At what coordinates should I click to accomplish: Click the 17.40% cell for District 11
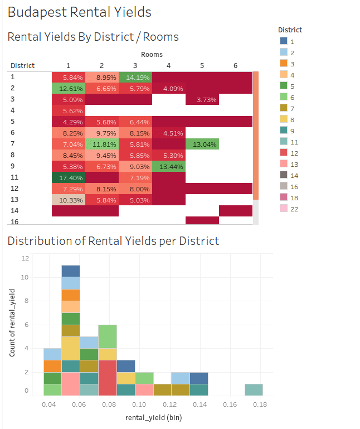(x=69, y=177)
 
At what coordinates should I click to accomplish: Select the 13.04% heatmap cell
(x=202, y=144)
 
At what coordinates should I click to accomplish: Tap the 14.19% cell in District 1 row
(x=135, y=78)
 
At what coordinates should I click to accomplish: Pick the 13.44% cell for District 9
(x=169, y=166)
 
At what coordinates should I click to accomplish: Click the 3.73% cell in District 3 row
(x=202, y=100)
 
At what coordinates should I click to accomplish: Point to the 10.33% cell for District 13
(x=69, y=200)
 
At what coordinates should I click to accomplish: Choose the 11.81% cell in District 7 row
(x=102, y=144)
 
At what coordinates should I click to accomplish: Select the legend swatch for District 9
(x=284, y=131)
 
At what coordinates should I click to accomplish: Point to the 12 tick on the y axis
(x=25, y=258)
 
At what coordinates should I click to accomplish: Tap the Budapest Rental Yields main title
(x=80, y=12)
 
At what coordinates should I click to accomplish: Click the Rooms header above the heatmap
(x=152, y=55)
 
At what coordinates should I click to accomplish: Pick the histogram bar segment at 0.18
(x=254, y=390)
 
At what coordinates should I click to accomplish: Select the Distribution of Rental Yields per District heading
(x=113, y=241)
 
